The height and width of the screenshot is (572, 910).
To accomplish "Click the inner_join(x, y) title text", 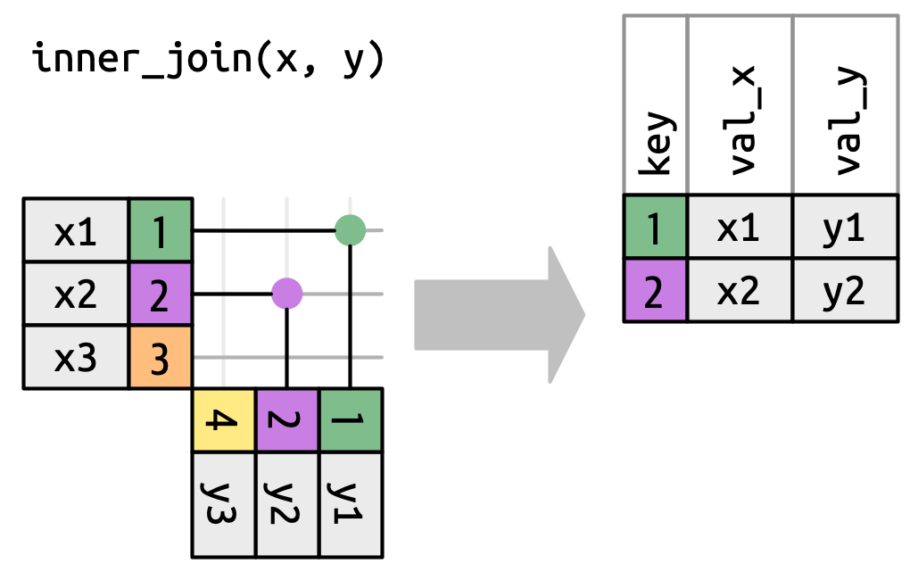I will pos(208,60).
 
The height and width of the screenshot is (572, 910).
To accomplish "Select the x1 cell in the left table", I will pos(76,231).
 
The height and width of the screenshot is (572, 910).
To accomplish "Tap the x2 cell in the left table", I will pos(76,294).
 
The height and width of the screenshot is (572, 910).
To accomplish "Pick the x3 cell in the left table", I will pos(76,358).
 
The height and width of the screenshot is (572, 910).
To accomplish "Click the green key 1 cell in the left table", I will pos(161,231).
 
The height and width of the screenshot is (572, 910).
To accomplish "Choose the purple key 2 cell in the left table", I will pos(161,294).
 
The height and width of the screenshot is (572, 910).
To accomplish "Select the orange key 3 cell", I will pos(161,358).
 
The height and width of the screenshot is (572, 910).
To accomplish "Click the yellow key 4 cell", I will pos(224,420).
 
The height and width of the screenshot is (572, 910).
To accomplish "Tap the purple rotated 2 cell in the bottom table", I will pos(287,420).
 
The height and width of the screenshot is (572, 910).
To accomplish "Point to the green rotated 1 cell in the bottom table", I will pos(351,420).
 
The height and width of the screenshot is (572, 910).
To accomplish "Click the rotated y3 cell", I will pos(224,504).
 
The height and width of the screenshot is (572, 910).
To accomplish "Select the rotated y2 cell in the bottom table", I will pos(287,504).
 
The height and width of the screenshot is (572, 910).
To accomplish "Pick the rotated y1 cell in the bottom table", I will pos(351,504).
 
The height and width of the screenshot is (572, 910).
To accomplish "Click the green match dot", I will pos(351,230).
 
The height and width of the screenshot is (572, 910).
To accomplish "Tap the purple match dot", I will pos(287,293).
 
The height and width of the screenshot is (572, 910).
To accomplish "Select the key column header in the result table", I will pos(655,143).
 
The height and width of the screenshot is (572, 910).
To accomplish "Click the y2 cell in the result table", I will pos(845,290).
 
